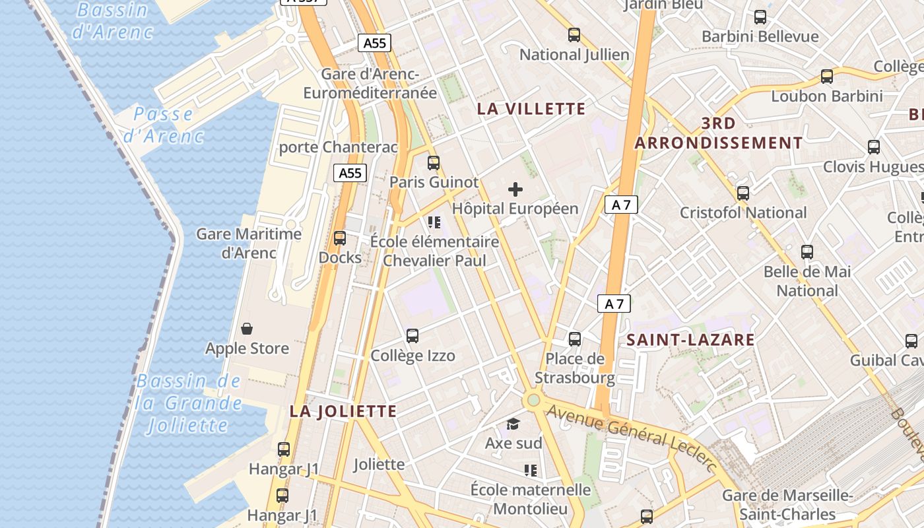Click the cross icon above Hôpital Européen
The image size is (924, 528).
point(515,190)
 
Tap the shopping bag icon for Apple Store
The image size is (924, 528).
point(247,329)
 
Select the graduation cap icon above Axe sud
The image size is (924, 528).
point(513,424)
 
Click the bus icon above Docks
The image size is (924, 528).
point(340,238)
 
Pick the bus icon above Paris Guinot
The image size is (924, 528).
point(434,162)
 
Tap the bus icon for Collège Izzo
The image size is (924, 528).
point(412,336)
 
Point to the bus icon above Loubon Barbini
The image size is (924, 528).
point(827,77)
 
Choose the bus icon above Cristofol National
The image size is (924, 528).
point(743,193)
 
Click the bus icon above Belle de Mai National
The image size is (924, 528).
point(807,251)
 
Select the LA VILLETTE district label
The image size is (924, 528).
point(531,109)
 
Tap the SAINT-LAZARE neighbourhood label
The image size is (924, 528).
point(690,340)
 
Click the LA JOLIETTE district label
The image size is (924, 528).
point(343,411)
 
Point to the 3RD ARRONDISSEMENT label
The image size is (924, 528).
point(719,133)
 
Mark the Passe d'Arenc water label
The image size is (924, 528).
point(164,125)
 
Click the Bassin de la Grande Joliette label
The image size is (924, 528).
point(189,403)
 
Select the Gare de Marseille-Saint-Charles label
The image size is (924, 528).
point(787,504)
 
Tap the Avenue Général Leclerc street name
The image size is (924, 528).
point(632,438)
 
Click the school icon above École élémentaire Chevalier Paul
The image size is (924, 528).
point(434,222)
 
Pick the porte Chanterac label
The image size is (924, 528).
point(339,147)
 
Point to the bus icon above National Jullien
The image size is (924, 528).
point(574,35)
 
